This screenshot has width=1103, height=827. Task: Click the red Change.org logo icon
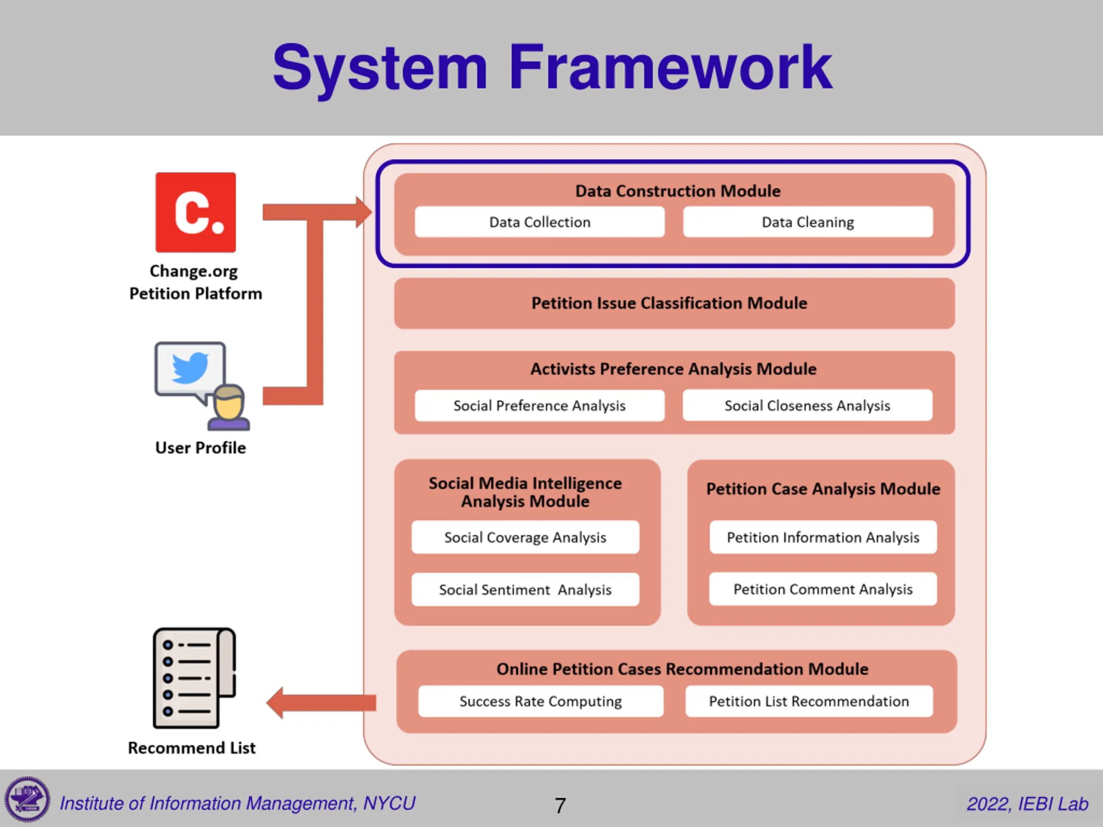196,212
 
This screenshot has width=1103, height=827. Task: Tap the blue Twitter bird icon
190,368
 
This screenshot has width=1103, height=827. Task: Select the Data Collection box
539,222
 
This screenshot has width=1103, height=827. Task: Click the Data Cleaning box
808,222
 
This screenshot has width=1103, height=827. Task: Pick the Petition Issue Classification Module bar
674,303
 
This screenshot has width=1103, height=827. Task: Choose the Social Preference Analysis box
539,405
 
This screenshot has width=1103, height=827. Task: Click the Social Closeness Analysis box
807,405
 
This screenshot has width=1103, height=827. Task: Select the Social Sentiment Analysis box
525,589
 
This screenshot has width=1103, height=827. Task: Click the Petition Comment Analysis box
823,589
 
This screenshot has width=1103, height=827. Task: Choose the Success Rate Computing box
541,701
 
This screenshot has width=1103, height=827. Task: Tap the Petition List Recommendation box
809,701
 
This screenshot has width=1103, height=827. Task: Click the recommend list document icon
194,678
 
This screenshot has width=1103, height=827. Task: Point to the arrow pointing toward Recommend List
321,703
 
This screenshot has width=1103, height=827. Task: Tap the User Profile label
200,448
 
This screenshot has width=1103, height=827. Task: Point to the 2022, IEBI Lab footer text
1027,804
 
